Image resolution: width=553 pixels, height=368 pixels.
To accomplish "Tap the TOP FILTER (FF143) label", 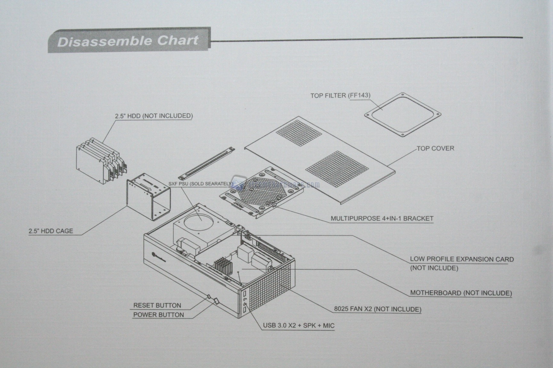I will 340,96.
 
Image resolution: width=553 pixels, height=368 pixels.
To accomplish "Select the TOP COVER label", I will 435,148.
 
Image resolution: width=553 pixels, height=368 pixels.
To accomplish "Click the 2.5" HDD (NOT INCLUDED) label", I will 154,116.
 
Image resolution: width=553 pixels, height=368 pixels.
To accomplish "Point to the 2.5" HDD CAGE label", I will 51,231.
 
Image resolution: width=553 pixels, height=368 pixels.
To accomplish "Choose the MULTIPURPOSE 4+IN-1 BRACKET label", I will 382,219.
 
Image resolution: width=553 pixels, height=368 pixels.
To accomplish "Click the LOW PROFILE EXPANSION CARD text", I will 461,259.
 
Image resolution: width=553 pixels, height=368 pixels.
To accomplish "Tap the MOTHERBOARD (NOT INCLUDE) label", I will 461,293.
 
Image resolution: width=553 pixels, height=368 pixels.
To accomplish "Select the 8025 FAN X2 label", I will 378,309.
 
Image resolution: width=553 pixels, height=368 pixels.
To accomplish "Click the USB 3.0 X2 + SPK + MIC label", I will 298,326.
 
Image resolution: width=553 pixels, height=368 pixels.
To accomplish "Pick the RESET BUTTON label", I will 157,305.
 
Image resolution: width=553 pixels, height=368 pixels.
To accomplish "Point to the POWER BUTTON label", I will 158,315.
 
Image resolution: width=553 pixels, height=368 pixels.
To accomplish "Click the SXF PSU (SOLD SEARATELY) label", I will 200,184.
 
